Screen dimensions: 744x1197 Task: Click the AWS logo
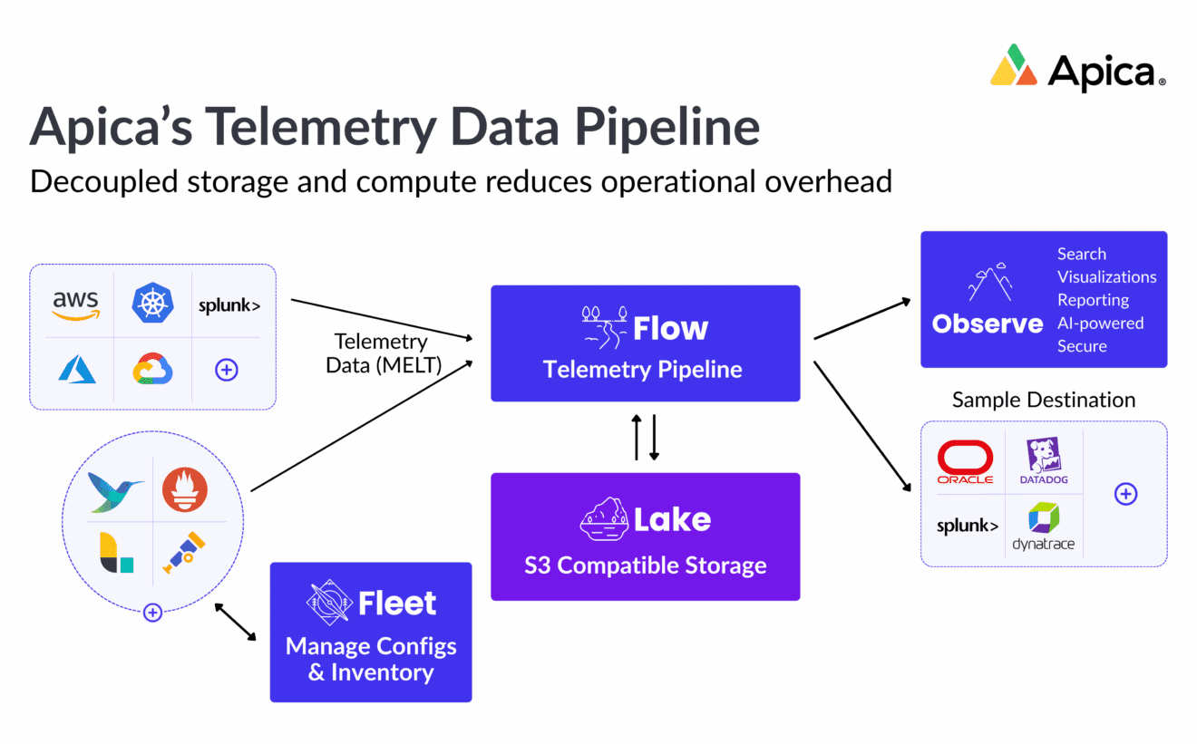pos(75,304)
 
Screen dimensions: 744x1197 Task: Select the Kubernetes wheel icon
pos(152,304)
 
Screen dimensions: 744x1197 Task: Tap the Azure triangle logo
pos(77,369)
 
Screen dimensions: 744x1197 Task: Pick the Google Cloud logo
pos(152,369)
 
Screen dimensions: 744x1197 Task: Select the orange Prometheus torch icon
pos(185,489)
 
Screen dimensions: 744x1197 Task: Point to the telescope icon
pos(184,552)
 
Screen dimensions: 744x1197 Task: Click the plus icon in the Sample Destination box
pos(1125,494)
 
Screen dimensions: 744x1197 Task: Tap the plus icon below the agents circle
pos(152,613)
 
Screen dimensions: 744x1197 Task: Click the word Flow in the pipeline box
pos(670,328)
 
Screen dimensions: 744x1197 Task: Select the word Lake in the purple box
pos(672,519)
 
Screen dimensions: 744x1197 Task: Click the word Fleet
pos(397,603)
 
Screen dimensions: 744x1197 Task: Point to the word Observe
pos(988,324)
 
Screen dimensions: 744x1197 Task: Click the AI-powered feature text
pos(1100,323)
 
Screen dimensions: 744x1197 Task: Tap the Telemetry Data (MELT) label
pos(381,353)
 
